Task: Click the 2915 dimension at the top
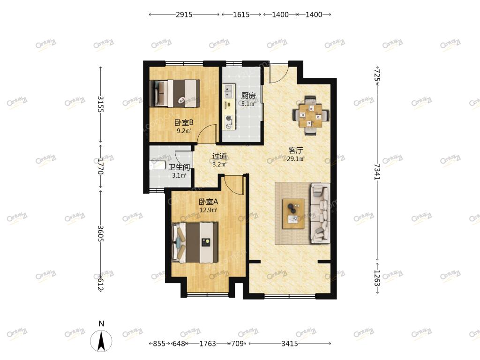coord(184,15)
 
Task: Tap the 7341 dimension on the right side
coord(377,172)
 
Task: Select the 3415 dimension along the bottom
coord(290,344)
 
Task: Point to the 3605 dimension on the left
coord(101,233)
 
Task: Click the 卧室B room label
coord(184,123)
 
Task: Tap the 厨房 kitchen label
coord(248,96)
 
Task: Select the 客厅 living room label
coord(296,150)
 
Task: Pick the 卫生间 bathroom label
coord(179,167)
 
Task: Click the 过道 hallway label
coord(219,156)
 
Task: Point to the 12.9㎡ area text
coord(208,210)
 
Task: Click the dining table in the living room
coord(311,116)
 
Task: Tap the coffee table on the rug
coord(293,214)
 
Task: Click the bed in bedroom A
coord(195,242)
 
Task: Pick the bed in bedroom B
coord(175,93)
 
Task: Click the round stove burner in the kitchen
coord(228,119)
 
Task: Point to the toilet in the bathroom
coord(157,165)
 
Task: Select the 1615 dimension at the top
coord(241,15)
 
